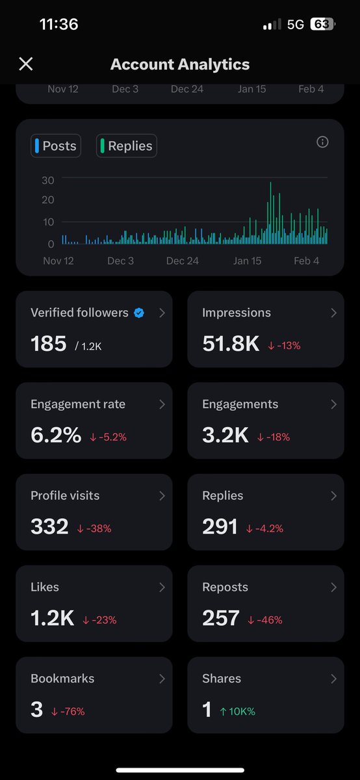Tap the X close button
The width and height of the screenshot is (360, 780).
click(x=25, y=64)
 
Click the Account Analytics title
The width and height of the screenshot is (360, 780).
click(x=180, y=64)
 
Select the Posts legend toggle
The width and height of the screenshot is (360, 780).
click(x=56, y=146)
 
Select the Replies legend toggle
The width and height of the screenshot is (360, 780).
click(x=127, y=146)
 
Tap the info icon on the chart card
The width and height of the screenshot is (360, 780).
click(x=322, y=142)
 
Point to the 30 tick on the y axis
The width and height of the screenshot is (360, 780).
click(x=47, y=180)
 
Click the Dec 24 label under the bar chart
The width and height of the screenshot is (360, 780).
click(x=183, y=261)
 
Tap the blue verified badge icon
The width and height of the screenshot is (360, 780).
click(x=139, y=313)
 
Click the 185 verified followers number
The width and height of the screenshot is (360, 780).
click(x=49, y=343)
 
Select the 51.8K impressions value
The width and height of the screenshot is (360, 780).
click(x=231, y=343)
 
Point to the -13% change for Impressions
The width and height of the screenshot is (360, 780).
click(x=285, y=346)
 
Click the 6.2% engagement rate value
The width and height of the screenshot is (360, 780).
click(x=56, y=435)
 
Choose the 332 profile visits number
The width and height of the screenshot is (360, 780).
click(x=49, y=526)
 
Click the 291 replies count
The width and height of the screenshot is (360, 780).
click(x=220, y=526)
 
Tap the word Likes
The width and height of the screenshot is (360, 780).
click(x=45, y=587)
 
